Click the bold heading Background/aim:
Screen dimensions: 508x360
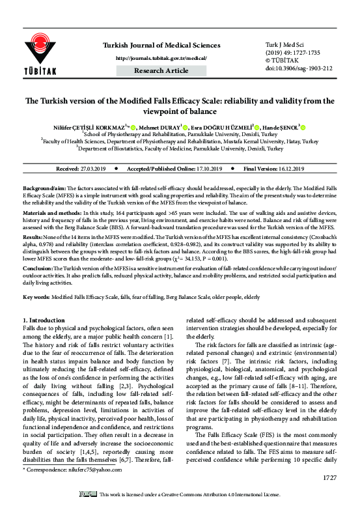tap(46, 187)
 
